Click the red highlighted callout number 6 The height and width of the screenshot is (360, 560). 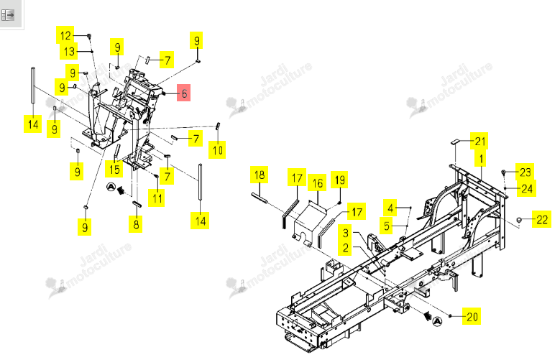pos(183,93)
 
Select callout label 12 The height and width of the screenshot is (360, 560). pos(65,35)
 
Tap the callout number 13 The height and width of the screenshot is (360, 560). pos(68,52)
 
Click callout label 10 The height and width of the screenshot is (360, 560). pos(217,149)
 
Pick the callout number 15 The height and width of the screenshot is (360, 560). pos(114,169)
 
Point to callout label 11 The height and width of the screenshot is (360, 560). pos(157,198)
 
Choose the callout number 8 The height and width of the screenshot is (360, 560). pos(136,224)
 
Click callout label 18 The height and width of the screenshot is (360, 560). pos(260,175)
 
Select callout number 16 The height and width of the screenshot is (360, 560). pos(317,183)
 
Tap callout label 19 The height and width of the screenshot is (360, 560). pos(339,180)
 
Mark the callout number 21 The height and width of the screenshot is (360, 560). pos(479,141)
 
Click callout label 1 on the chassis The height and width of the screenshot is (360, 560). pos(481,158)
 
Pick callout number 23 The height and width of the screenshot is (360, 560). pos(525,172)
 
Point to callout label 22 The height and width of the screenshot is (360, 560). pos(541,219)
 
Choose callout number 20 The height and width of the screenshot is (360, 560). pos(472,316)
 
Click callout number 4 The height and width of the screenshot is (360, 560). pos(390,208)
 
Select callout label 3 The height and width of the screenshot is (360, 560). pos(345,233)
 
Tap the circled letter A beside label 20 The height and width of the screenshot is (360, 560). pos(437,321)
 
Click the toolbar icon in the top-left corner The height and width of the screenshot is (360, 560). pos(8,15)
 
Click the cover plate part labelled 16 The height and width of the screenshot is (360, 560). pos(308,224)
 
